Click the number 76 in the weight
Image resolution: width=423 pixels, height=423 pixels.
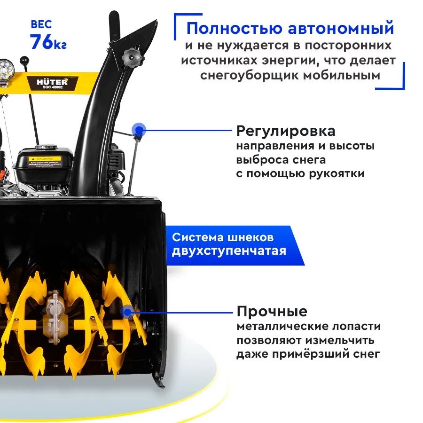click(41, 42)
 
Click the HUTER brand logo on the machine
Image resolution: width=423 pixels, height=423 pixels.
click(52, 81)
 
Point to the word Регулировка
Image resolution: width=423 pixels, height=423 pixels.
click(286, 130)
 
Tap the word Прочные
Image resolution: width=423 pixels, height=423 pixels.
click(272, 311)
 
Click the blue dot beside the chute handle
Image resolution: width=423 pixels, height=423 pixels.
click(138, 130)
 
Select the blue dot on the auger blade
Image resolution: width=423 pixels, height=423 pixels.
click(127, 311)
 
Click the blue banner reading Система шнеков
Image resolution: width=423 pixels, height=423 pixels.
click(222, 237)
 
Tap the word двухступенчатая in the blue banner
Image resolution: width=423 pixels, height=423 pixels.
click(228, 251)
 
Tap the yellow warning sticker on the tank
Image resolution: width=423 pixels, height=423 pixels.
click(45, 159)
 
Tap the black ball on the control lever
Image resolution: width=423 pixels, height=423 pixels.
click(24, 61)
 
